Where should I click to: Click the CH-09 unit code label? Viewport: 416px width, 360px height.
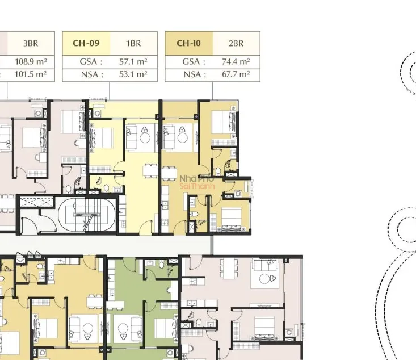86,43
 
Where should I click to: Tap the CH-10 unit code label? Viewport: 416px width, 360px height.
188,43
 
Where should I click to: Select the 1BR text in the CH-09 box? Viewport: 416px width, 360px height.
133,43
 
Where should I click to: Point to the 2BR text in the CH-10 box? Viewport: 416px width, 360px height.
236,43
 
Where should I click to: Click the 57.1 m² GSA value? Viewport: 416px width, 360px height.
133,61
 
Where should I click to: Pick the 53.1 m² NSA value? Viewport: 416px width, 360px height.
133,74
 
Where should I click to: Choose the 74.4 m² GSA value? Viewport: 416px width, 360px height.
236,61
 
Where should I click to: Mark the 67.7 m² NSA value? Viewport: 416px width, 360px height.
236,74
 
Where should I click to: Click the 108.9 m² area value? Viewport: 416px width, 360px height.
31,61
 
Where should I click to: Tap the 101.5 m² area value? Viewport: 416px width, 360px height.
31,74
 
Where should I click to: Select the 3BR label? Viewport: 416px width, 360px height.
31,43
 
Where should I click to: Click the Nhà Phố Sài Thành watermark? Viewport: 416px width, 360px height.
197,182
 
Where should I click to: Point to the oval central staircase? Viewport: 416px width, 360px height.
87,215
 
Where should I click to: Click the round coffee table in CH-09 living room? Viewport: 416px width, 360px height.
145,138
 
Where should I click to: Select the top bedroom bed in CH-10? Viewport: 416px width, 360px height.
224,122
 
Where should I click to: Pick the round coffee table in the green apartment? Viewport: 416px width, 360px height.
123,328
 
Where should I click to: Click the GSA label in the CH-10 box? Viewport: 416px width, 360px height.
194,62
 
